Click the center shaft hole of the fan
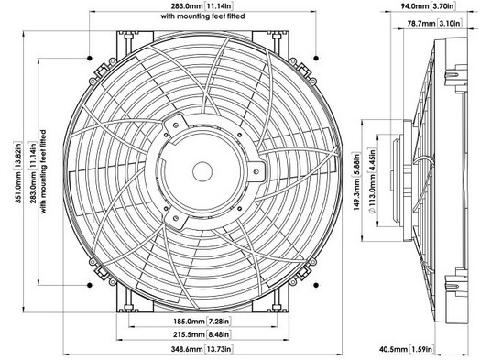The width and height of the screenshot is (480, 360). point(202,171)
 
